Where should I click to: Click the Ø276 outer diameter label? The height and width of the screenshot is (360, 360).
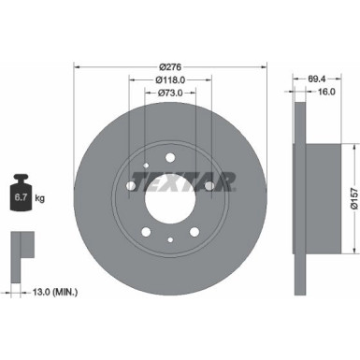click(x=169, y=65)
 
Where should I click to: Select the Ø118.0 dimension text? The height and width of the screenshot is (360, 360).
click(x=169, y=79)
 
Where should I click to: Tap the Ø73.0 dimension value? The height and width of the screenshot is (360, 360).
click(x=169, y=94)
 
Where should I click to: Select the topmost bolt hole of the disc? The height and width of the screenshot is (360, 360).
click(x=169, y=151)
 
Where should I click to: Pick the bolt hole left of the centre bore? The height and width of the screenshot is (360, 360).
click(x=130, y=186)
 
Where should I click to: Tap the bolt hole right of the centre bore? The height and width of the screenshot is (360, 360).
click(x=208, y=186)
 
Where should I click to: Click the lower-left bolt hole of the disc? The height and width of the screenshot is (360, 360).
click(x=145, y=231)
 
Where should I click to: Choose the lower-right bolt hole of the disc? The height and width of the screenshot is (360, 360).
click(x=194, y=231)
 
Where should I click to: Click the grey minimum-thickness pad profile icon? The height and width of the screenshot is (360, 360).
click(x=20, y=249)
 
